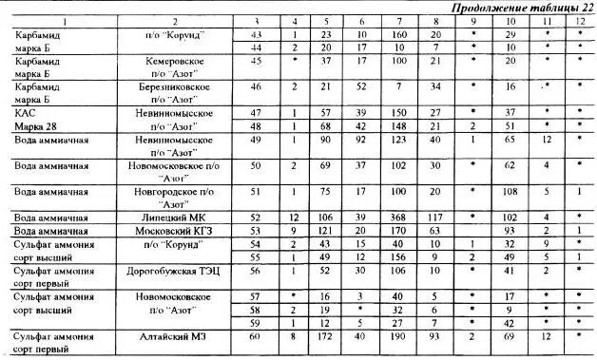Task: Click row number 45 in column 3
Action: click(255, 59)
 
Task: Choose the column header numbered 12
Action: click(579, 20)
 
